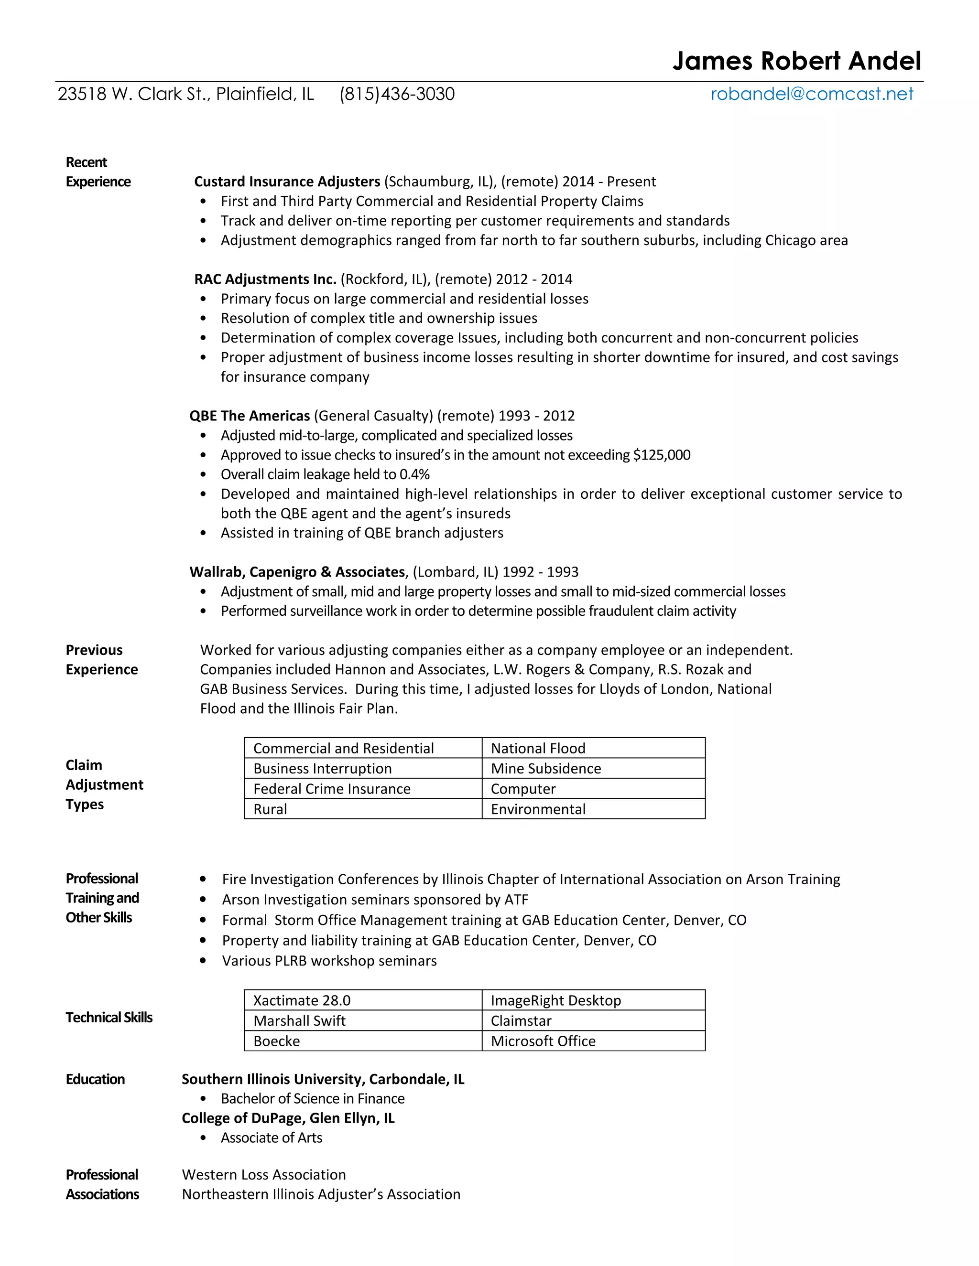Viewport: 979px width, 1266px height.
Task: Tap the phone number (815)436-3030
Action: click(x=397, y=94)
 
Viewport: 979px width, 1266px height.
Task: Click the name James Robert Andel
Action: click(x=796, y=61)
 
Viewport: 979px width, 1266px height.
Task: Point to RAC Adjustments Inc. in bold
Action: click(x=265, y=279)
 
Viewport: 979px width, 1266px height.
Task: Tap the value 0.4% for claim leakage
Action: click(x=414, y=475)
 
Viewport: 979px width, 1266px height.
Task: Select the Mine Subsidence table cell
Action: click(x=546, y=769)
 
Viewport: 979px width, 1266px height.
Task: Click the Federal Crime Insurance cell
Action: click(x=332, y=789)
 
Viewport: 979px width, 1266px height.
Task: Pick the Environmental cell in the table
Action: click(x=538, y=809)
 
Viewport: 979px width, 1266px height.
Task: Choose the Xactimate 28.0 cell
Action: click(x=302, y=1000)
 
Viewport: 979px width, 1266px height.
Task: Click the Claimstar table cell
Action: click(x=521, y=1021)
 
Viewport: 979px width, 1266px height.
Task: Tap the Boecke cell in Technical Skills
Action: click(x=277, y=1041)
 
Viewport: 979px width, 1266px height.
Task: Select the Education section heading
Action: click(x=95, y=1079)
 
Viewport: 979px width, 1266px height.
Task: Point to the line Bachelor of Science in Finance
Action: click(x=313, y=1099)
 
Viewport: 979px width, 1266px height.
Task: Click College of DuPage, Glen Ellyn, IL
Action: click(x=288, y=1118)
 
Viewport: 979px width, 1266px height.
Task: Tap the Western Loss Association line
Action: click(x=264, y=1175)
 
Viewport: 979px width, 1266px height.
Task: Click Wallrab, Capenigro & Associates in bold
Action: click(x=297, y=572)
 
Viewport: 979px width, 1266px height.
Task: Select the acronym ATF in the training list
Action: click(x=516, y=900)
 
